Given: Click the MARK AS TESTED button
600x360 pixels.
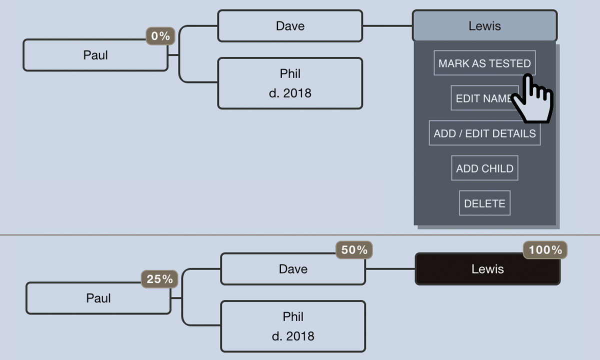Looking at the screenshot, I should pyautogui.click(x=484, y=63).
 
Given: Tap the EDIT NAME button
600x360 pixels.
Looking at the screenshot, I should pyautogui.click(x=480, y=98).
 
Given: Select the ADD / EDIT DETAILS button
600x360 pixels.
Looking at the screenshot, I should pyautogui.click(x=484, y=133).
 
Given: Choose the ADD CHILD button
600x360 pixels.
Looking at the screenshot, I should pyautogui.click(x=484, y=168).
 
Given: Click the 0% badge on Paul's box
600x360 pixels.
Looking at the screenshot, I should pyautogui.click(x=160, y=36).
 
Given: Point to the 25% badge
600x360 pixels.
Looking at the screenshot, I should pyautogui.click(x=159, y=279).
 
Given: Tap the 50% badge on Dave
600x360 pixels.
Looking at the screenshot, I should pyautogui.click(x=354, y=250).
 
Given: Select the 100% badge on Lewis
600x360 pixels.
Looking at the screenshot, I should pyautogui.click(x=545, y=250).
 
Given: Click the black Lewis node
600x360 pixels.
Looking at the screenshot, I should pyautogui.click(x=487, y=269).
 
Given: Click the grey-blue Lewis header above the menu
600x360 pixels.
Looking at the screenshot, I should pyautogui.click(x=484, y=26).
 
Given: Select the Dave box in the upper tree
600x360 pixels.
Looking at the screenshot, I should pyautogui.click(x=290, y=26).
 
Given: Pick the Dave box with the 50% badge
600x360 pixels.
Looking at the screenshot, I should pyautogui.click(x=293, y=269).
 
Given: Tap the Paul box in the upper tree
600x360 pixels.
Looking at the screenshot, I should pyautogui.click(x=95, y=55).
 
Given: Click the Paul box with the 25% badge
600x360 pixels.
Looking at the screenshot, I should pyautogui.click(x=98, y=298).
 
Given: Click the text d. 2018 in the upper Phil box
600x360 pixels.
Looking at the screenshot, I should pyautogui.click(x=290, y=93).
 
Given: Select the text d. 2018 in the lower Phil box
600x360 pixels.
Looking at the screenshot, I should pyautogui.click(x=293, y=336).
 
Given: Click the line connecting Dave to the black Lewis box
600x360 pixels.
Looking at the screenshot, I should pyautogui.click(x=390, y=269).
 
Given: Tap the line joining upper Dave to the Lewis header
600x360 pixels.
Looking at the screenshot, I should pyautogui.click(x=387, y=26).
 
